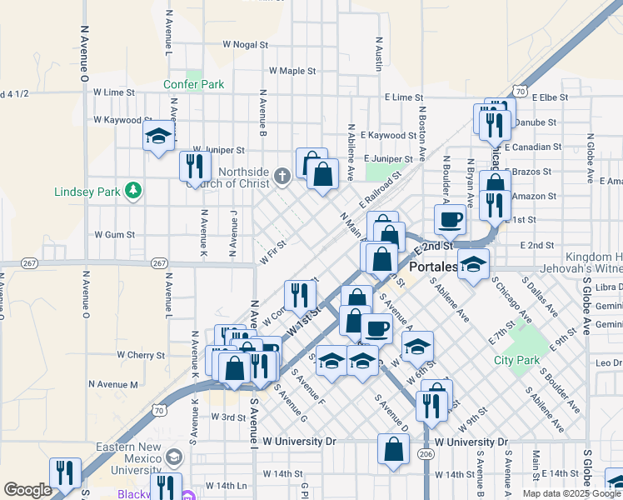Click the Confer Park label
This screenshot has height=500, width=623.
(194, 84)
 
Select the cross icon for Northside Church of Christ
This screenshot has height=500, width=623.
(282, 176)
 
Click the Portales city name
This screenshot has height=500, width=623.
(433, 267)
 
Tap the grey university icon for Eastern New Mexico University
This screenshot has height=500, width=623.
(173, 457)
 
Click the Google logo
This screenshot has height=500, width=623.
(27, 490)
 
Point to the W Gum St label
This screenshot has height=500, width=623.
(114, 235)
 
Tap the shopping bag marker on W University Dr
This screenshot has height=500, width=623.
(393, 450)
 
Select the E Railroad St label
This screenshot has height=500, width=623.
(381, 187)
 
